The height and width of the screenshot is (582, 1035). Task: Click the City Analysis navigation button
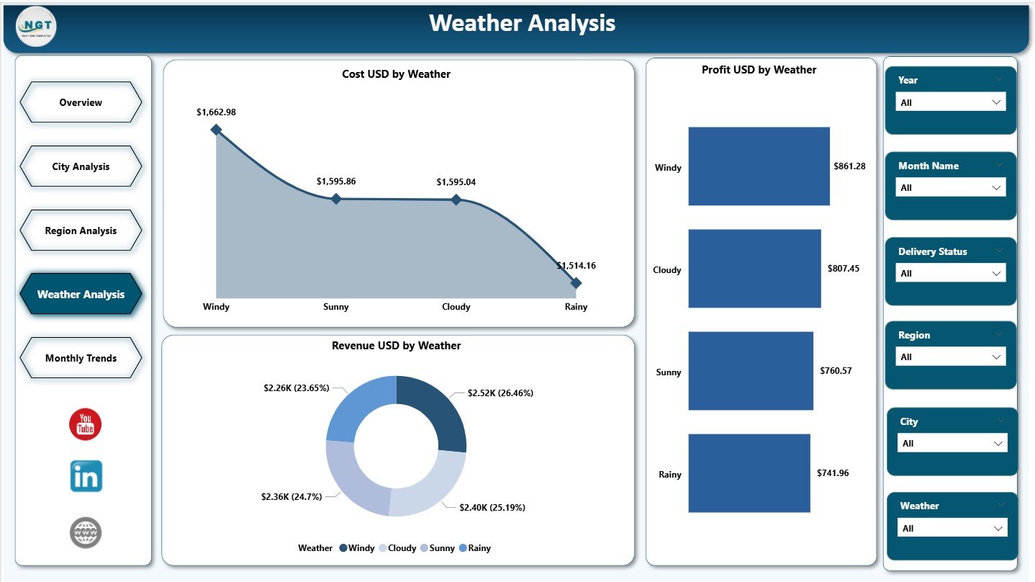click(x=81, y=166)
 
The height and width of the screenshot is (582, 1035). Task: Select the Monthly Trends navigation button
click(x=81, y=358)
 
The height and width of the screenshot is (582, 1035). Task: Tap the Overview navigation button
click(x=81, y=102)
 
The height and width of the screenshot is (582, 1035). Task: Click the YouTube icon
click(x=86, y=424)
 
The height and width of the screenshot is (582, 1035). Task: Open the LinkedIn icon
click(x=86, y=476)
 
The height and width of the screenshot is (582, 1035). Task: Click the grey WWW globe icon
click(x=86, y=532)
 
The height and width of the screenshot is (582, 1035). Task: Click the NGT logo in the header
click(x=36, y=27)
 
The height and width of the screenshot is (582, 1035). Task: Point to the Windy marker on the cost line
click(x=216, y=130)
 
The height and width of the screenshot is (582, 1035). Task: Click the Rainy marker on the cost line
click(x=576, y=283)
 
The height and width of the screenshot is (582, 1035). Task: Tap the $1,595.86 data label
click(x=336, y=182)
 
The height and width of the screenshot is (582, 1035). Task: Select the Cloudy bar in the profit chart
click(x=754, y=269)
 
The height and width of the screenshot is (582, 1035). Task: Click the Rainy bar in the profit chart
click(x=749, y=473)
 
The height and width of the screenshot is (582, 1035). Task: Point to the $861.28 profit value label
click(x=849, y=166)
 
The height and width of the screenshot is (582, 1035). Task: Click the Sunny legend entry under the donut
click(x=437, y=548)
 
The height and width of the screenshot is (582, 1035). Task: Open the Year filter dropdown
click(x=950, y=102)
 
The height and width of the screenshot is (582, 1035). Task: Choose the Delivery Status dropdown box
click(x=950, y=273)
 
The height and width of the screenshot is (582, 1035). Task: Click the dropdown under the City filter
click(x=952, y=444)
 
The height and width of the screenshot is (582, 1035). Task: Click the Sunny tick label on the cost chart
click(x=336, y=307)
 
